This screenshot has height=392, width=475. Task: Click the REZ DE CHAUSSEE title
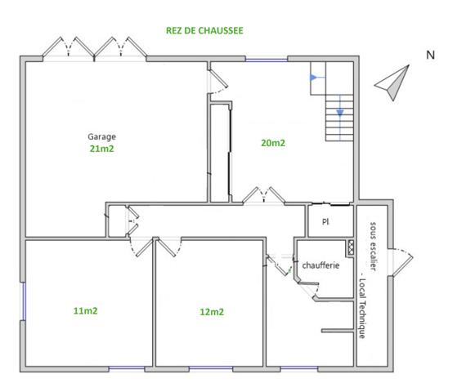point(204,30)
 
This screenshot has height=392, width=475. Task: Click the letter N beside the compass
point(430,55)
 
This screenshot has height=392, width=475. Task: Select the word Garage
point(102,136)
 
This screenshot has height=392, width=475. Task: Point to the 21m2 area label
point(102,149)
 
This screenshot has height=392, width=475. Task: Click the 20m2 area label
point(273,143)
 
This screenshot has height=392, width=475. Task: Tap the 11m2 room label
point(86,310)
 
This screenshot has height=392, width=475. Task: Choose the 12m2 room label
point(212,311)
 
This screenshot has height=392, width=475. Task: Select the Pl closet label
point(325,221)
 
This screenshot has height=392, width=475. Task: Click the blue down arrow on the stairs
point(340,112)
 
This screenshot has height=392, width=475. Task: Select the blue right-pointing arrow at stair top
point(313,78)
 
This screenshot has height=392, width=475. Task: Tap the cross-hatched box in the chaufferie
point(351,246)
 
